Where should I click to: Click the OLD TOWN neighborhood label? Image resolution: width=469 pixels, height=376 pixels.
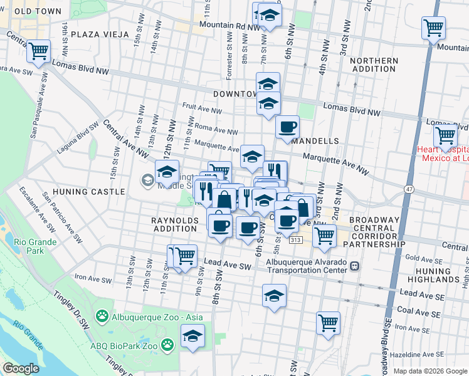point(38,11)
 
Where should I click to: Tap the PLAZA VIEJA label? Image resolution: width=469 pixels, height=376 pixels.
point(98,34)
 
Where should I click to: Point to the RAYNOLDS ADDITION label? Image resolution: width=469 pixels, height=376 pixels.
point(174,224)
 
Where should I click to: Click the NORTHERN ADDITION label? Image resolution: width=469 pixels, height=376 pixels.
point(374,65)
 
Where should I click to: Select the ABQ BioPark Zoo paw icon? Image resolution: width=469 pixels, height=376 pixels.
point(167,344)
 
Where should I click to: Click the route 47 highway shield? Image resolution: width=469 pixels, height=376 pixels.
point(408,188)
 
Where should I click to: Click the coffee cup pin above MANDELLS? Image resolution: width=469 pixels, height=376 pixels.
point(288,127)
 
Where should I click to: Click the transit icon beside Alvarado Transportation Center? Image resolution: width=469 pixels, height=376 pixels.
point(355,266)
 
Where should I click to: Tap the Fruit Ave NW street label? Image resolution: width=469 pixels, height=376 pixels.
point(201,111)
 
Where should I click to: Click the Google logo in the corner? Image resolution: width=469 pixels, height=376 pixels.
point(21,368)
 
